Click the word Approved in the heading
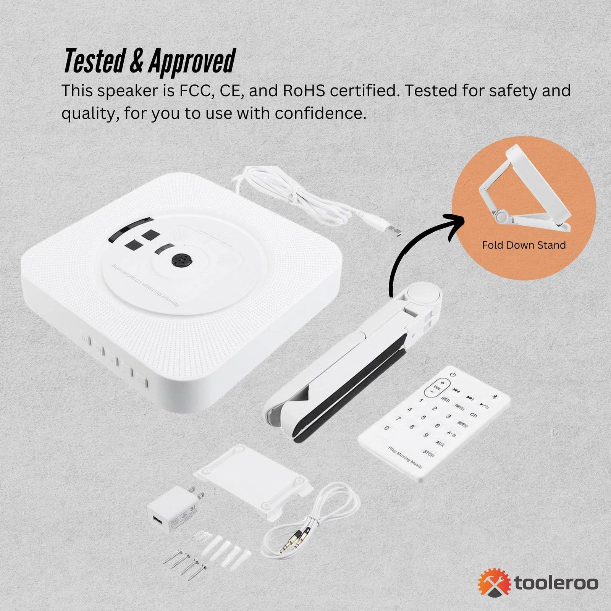click(192, 61)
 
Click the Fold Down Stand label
click(524, 245)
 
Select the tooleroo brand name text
click(556, 583)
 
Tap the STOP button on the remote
click(428, 454)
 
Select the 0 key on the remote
click(387, 428)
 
